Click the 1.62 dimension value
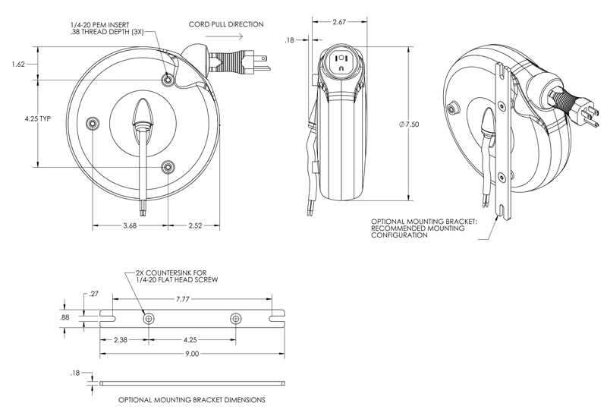20,65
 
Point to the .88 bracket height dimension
65,317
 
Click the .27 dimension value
94,293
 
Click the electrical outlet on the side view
341,64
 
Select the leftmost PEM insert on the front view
93,123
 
